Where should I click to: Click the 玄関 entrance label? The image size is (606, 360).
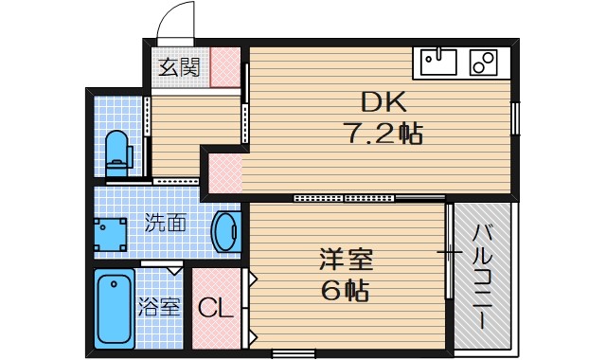(x=178, y=67)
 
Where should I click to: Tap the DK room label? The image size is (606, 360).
(x=382, y=101)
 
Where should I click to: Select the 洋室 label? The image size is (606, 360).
(x=346, y=258)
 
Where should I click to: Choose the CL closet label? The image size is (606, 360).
(x=216, y=308)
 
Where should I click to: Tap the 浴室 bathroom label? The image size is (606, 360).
(x=158, y=307)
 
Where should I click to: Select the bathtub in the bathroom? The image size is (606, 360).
(x=115, y=309)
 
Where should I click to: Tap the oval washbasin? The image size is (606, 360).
(x=226, y=231)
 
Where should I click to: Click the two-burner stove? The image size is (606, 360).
(x=484, y=63)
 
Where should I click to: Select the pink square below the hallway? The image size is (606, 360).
(x=224, y=176)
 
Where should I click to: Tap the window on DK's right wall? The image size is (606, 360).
(x=516, y=119)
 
